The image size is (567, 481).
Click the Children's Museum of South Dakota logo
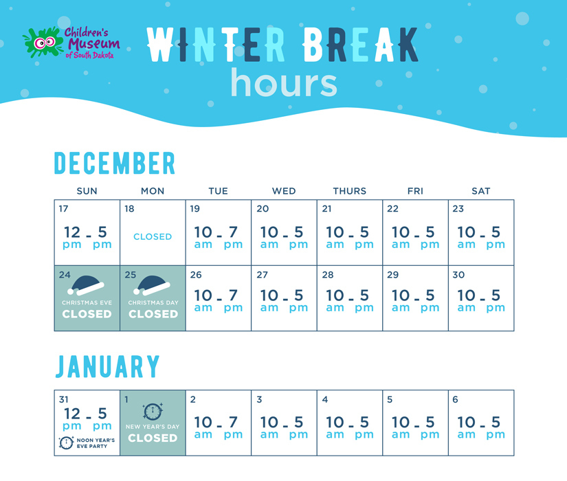pos(71,43)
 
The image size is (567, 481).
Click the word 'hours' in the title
pos(284,83)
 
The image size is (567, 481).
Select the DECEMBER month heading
pos(115,163)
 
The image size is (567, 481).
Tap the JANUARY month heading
pos(107,366)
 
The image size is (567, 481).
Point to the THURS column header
pos(350,191)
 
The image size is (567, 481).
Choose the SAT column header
pos(481,191)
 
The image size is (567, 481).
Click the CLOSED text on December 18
pos(153,236)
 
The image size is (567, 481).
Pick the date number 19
pos(195,209)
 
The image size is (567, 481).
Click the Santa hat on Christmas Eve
pos(86,285)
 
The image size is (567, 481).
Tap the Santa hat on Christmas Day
pos(152,285)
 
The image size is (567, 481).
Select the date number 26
pos(196,275)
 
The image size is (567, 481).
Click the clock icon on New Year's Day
pos(153,412)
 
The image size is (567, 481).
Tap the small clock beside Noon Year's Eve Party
pos(66,443)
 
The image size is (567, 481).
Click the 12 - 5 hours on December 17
pos(87,237)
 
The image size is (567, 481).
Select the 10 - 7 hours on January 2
pos(218,427)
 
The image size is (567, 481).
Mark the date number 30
pos(458,275)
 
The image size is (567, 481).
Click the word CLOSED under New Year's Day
pos(153,438)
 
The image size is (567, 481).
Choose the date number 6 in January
pos(455,399)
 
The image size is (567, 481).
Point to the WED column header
pos(284,191)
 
